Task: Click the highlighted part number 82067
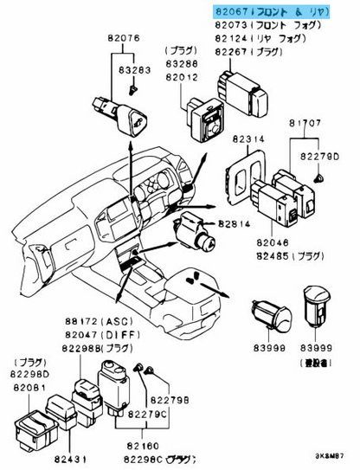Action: [231, 11]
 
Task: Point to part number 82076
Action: [124, 39]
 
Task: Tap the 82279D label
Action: [319, 156]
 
